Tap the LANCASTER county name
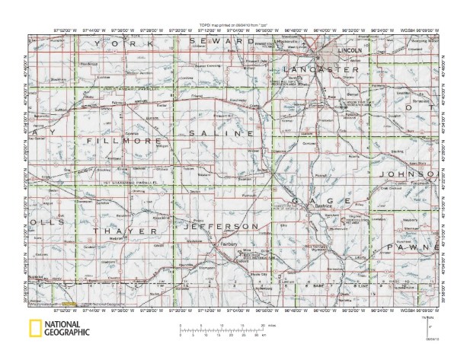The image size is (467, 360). click(x=320, y=70)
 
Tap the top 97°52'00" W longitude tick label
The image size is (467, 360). click(x=63, y=30)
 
